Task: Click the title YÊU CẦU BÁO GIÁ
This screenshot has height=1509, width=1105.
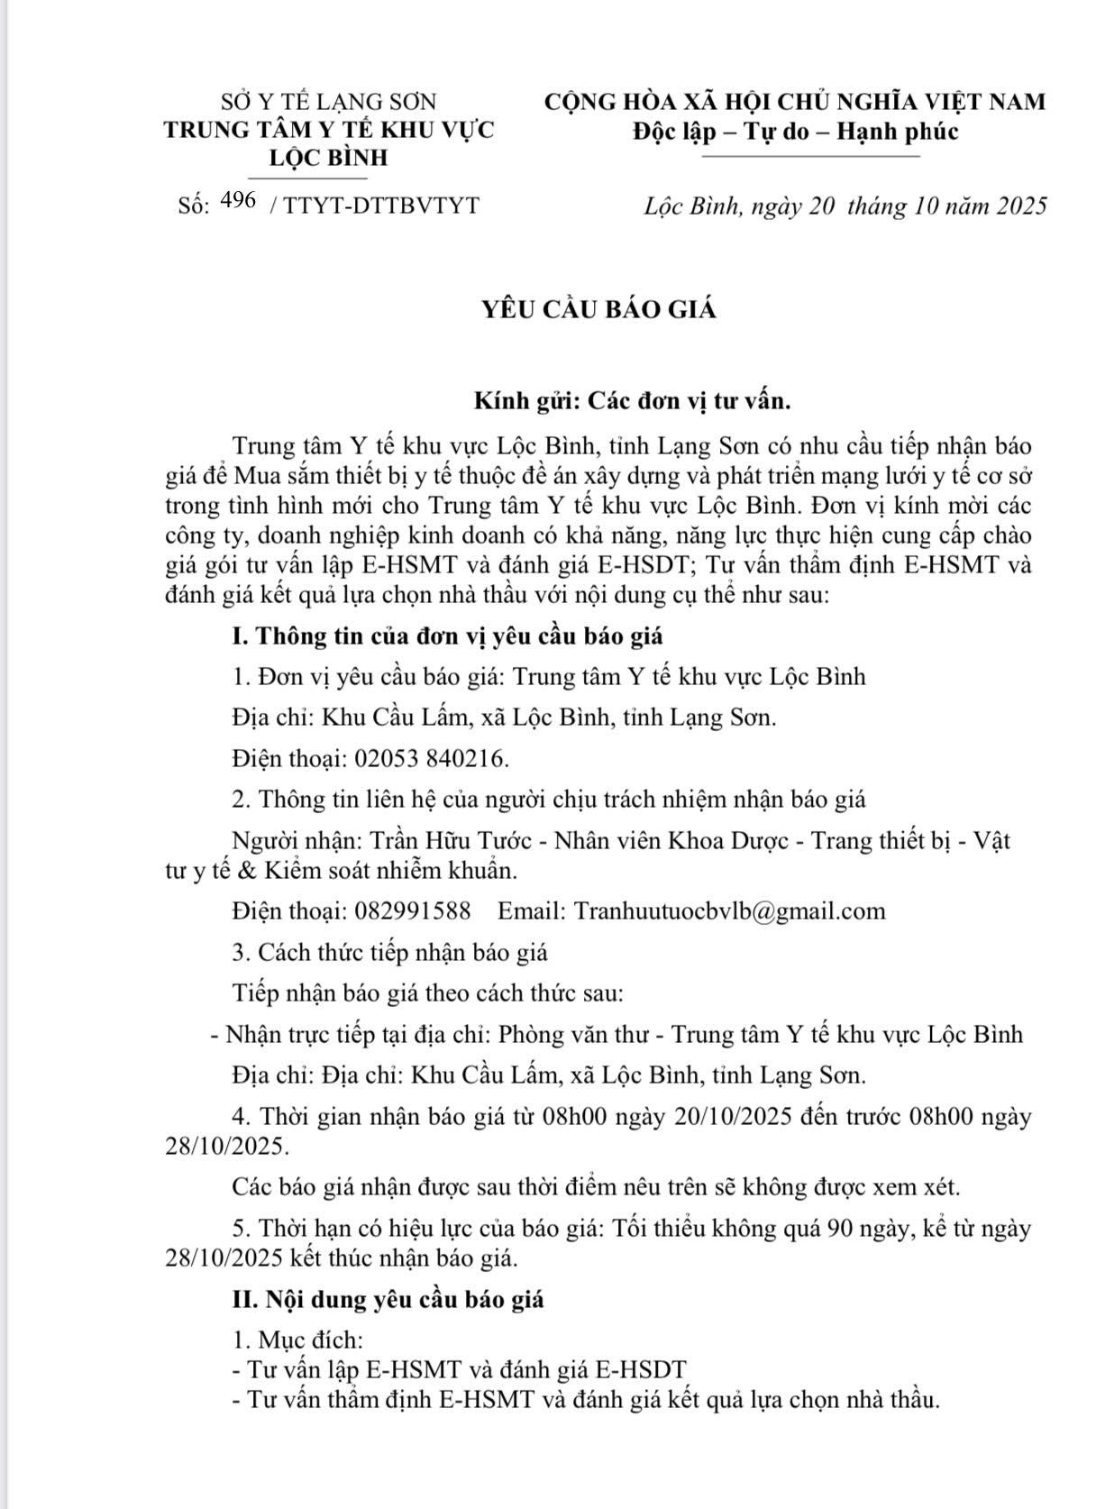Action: [598, 309]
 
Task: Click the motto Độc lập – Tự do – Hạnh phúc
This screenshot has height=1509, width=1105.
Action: [795, 132]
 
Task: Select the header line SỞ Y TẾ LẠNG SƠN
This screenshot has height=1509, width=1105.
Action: [328, 101]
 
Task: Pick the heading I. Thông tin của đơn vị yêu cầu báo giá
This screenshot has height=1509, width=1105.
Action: [447, 636]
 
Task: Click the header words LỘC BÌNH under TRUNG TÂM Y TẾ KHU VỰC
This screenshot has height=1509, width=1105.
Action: [329, 158]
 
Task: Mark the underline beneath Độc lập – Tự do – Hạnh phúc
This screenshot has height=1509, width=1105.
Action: [809, 157]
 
